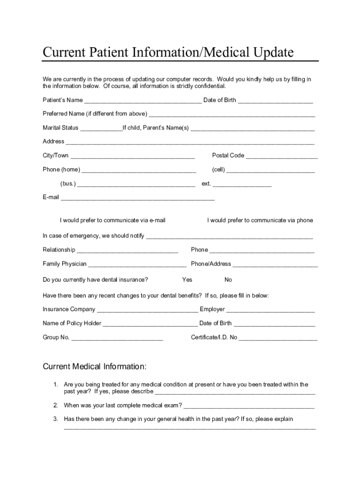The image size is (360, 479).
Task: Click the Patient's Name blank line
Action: [x=143, y=101]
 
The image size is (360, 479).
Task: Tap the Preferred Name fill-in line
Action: [x=232, y=115]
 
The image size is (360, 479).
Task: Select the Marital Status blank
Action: [x=101, y=129]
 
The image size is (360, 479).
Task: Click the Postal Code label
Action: [x=228, y=156]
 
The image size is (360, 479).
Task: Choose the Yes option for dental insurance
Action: [x=187, y=280]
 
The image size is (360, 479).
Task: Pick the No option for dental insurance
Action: [x=228, y=280]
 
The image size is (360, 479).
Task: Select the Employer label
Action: [x=212, y=309]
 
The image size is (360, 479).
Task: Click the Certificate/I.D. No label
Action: [x=214, y=337]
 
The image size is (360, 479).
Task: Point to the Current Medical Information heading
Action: [x=95, y=366]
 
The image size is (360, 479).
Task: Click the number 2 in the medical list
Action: [x=55, y=405]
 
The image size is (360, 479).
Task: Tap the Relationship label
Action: [x=59, y=250]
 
